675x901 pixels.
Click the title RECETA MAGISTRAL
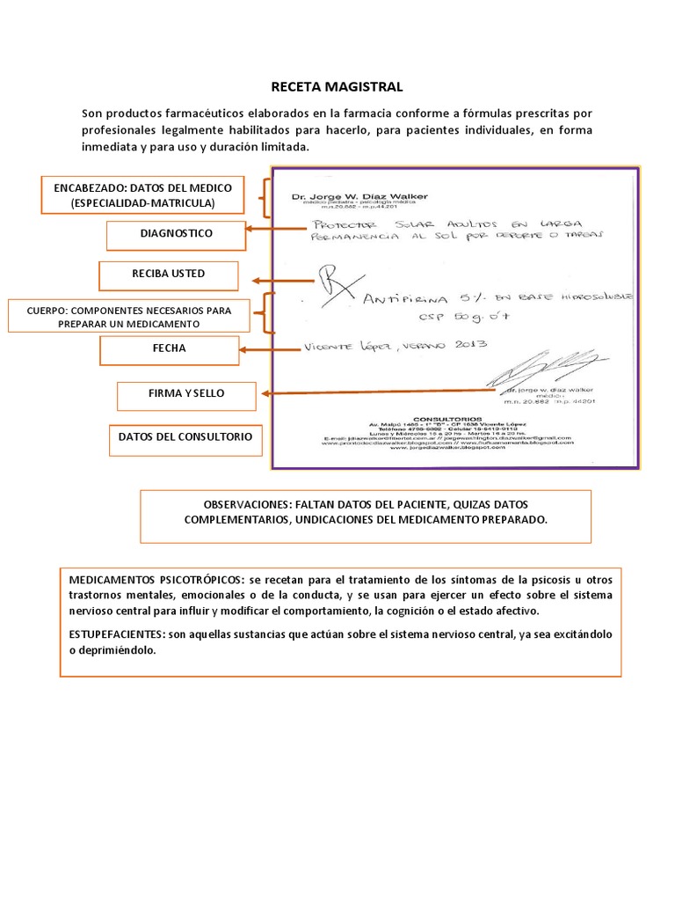pyautogui.click(x=337, y=86)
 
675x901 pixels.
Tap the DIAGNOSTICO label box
pyautogui.click(x=176, y=234)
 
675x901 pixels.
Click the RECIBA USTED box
pyautogui.click(x=168, y=275)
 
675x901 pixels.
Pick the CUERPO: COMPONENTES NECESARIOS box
pyautogui.click(x=129, y=317)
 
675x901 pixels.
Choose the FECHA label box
pyautogui.click(x=169, y=349)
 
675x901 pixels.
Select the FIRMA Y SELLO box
pyautogui.click(x=186, y=395)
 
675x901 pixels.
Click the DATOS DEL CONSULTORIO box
pyautogui.click(x=186, y=437)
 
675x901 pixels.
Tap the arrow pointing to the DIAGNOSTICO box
pyautogui.click(x=277, y=229)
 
